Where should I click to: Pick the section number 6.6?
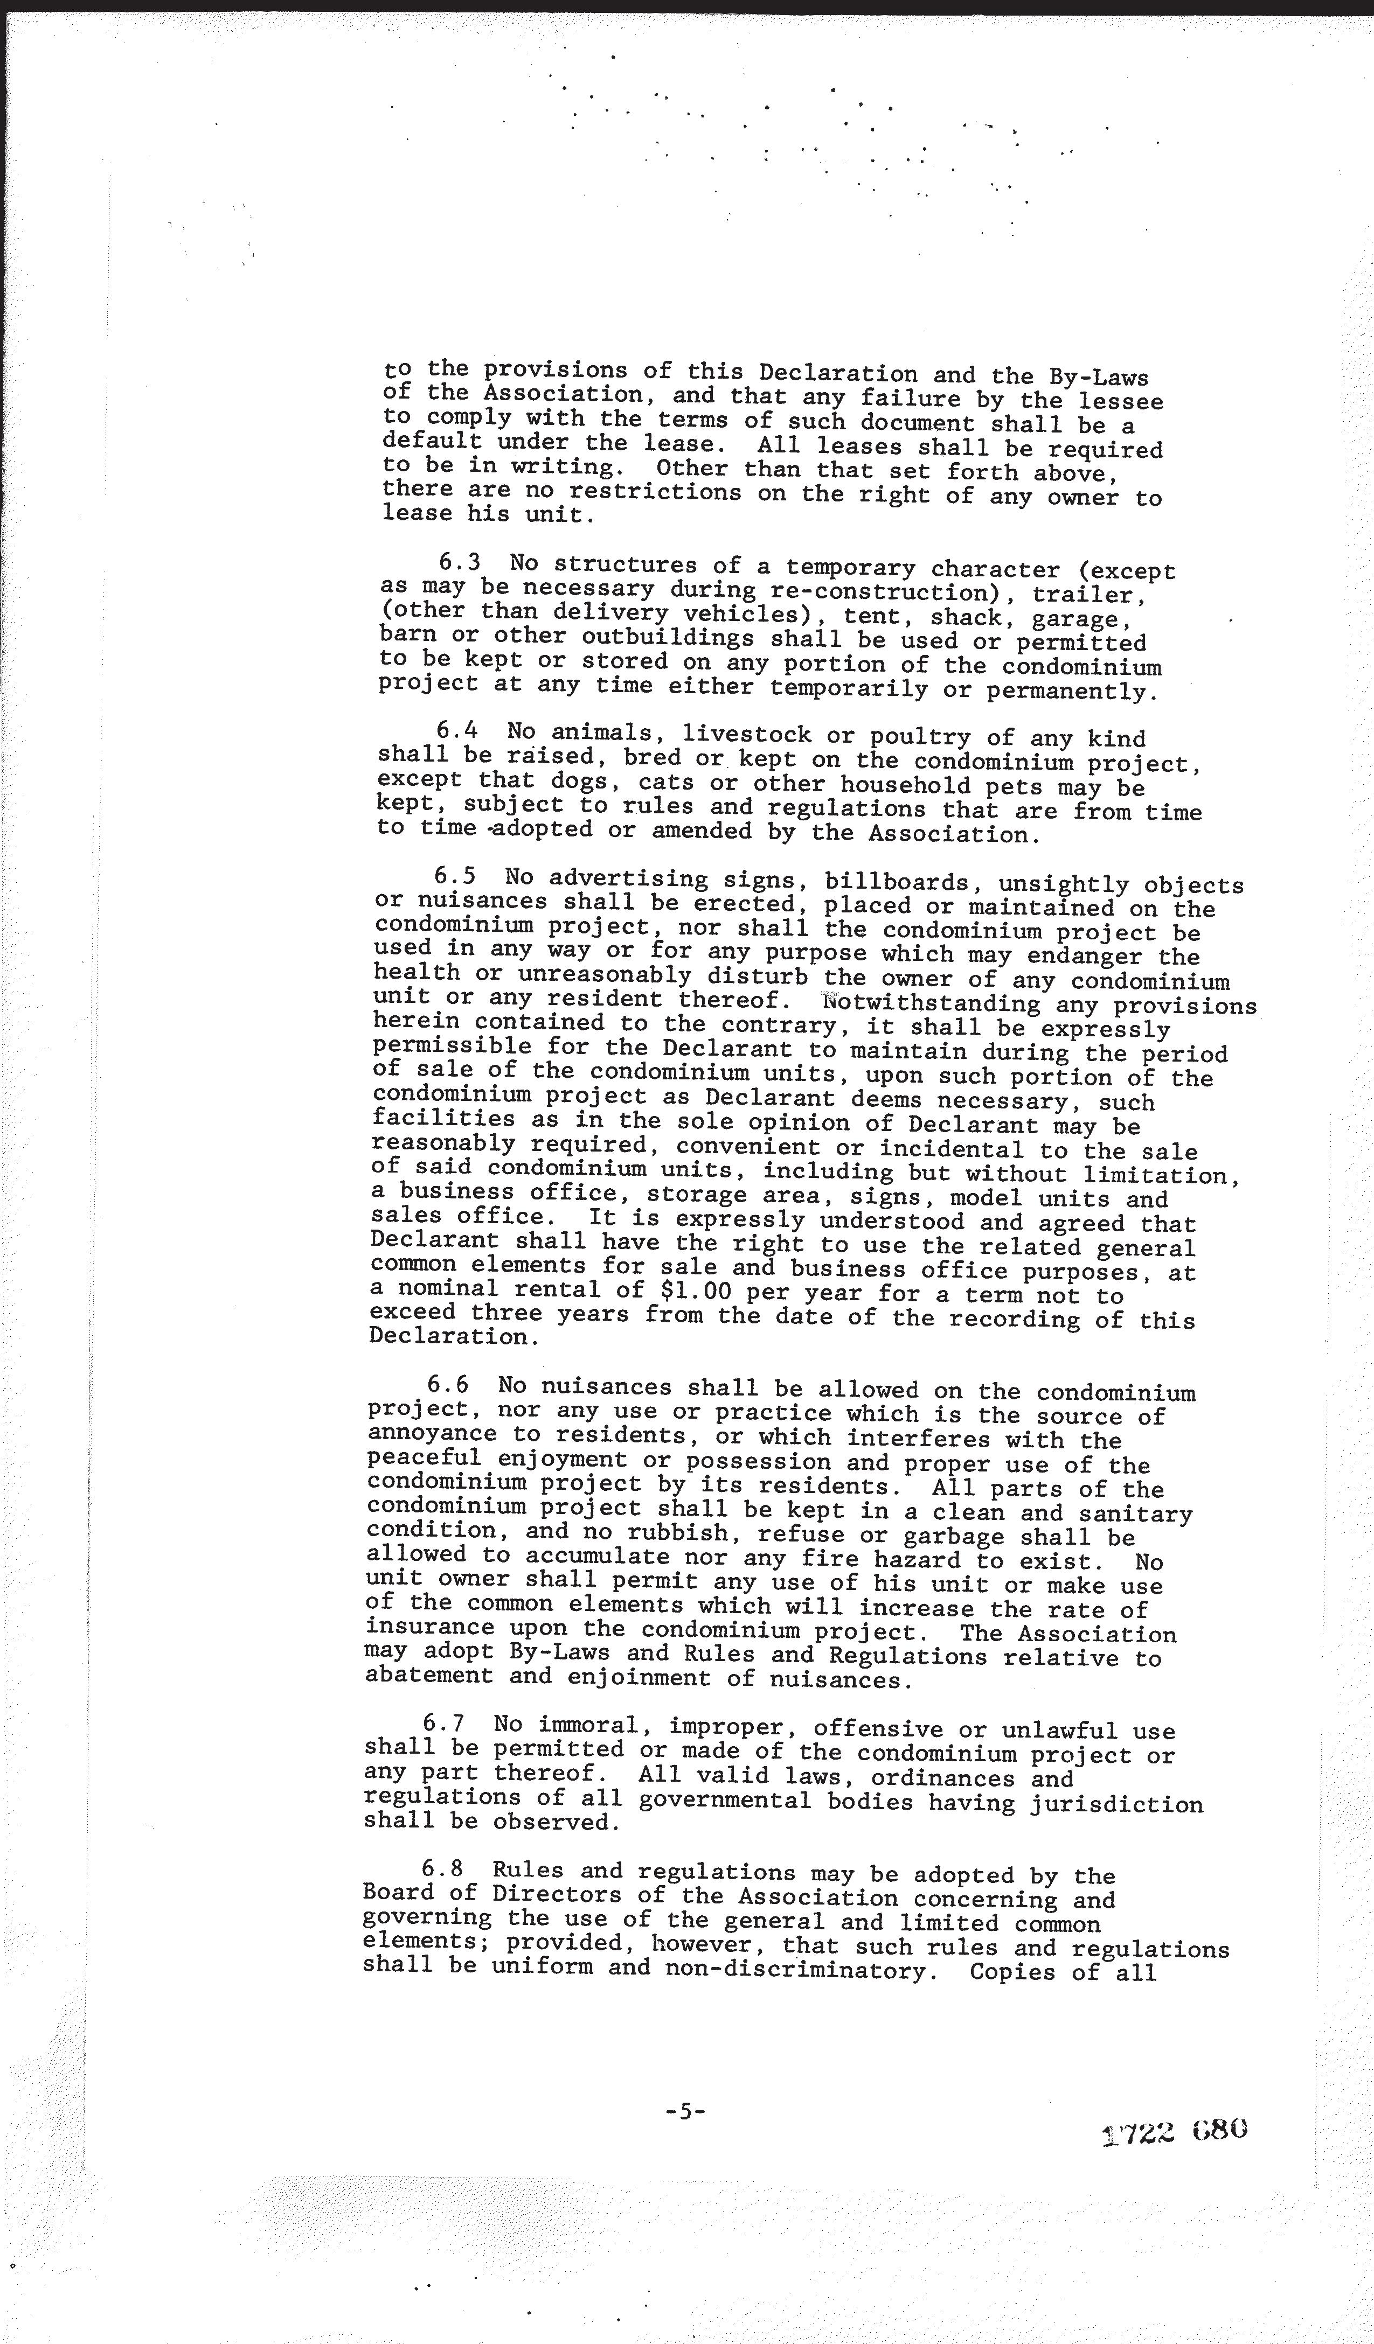pos(448,1385)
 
